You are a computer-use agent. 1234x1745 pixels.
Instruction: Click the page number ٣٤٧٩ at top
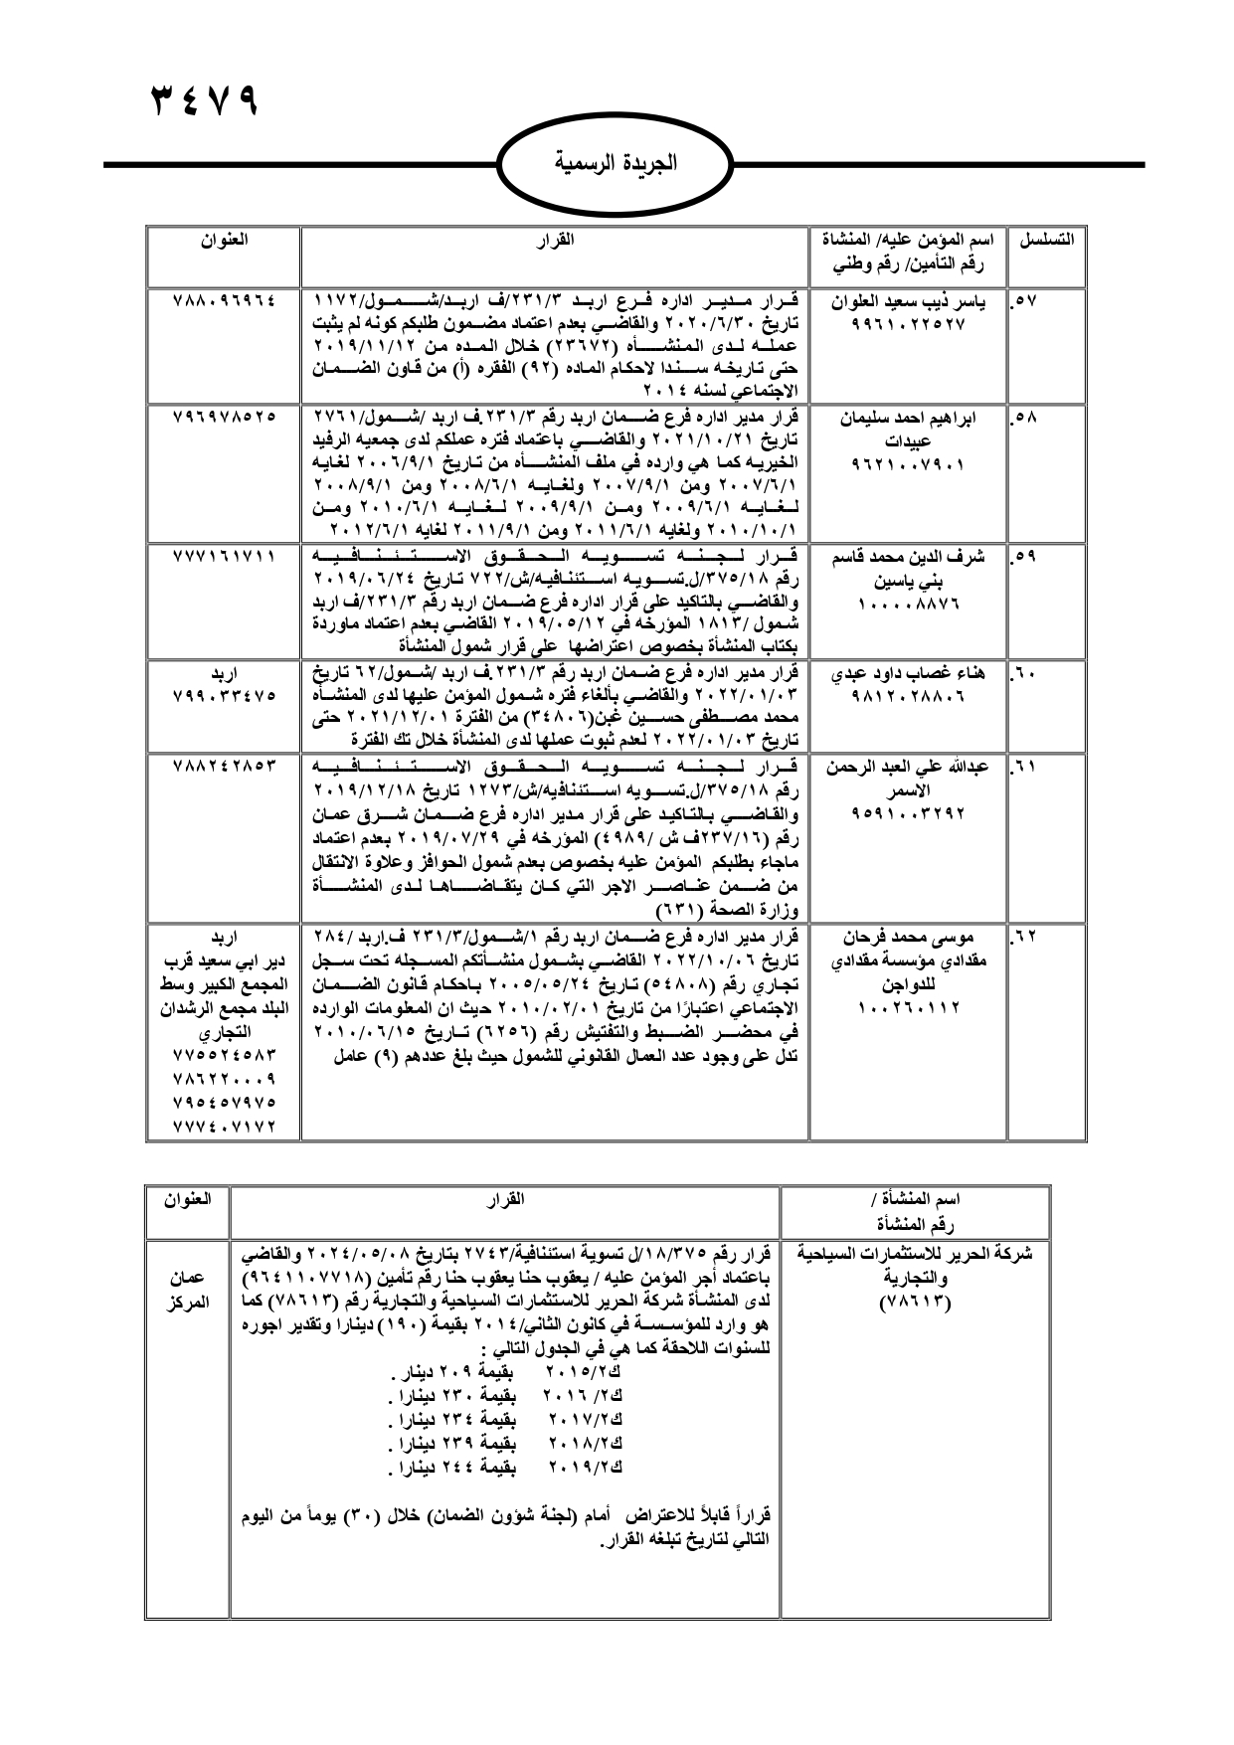point(204,99)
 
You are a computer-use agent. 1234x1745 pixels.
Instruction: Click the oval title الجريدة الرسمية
point(615,162)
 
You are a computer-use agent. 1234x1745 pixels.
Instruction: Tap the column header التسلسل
point(1046,242)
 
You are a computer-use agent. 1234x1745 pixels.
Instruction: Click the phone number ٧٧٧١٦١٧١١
point(224,555)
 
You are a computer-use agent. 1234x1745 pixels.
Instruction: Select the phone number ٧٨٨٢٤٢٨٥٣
point(224,767)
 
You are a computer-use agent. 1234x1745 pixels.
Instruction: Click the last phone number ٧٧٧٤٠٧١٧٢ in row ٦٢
point(224,1127)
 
